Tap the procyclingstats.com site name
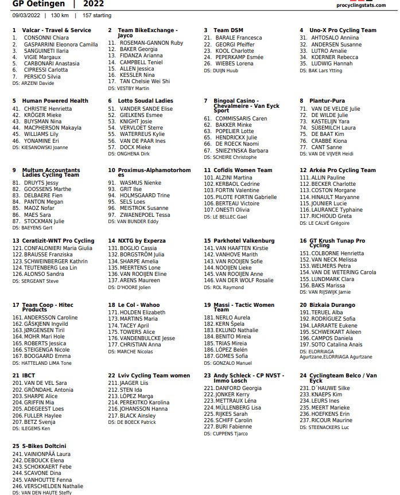[367, 5]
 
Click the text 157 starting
[97, 15]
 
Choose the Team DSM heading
[228, 30]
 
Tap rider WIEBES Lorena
[234, 64]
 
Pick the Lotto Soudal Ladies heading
[145, 101]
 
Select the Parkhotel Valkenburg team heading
[243, 241]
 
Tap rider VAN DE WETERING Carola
[343, 272]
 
